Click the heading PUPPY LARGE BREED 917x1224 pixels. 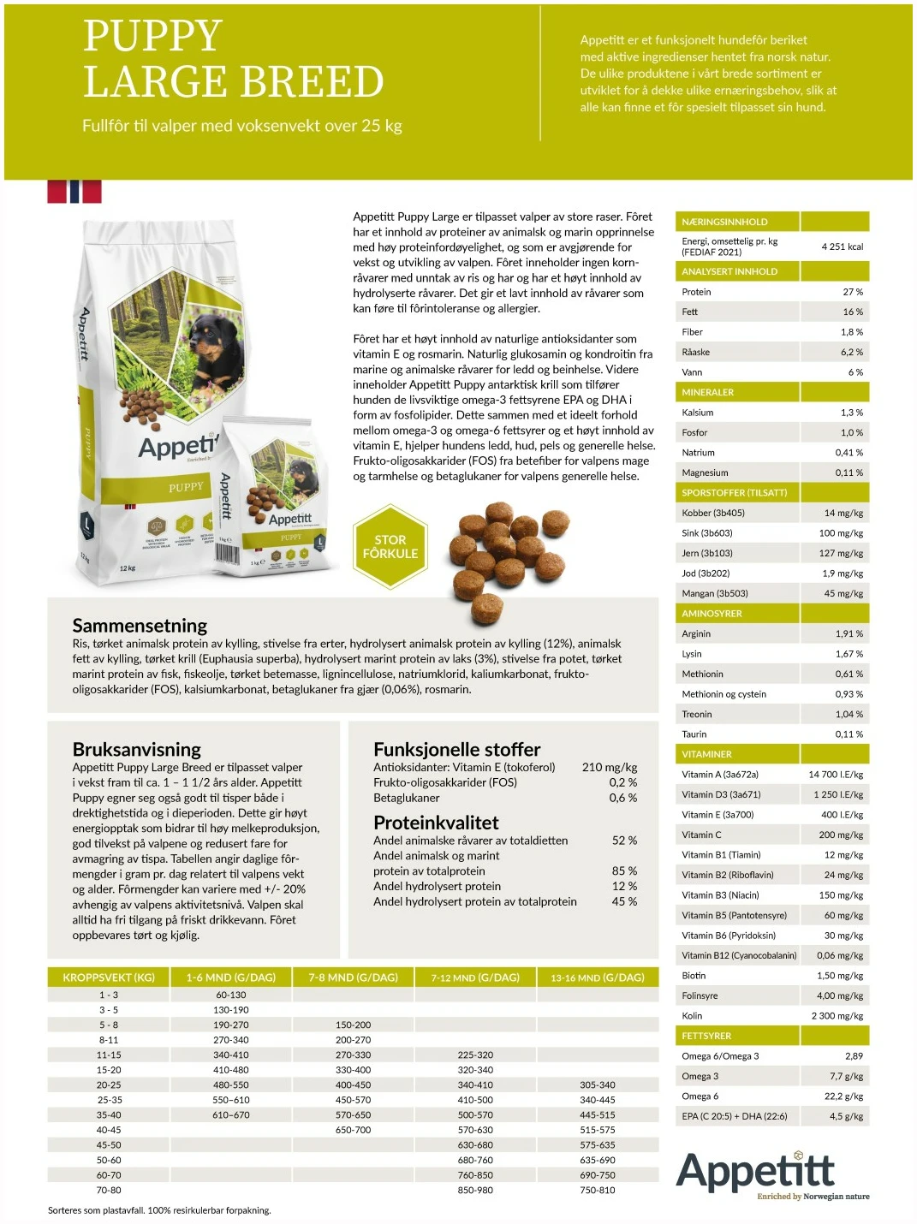point(233,59)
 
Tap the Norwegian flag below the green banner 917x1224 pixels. point(74,191)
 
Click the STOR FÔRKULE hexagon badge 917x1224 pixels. point(390,547)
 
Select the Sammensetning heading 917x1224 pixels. point(140,625)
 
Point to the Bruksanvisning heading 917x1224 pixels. point(137,749)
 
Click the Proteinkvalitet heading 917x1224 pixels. point(436,823)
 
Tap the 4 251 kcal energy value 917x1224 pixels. point(842,247)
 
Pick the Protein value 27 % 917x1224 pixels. point(852,292)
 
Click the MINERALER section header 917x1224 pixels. point(708,392)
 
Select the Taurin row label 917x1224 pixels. point(694,734)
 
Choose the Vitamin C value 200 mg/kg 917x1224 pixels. point(840,835)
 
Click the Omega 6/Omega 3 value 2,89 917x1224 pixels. point(853,1056)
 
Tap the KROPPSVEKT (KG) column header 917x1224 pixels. point(109,977)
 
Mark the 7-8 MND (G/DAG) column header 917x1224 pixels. point(353,977)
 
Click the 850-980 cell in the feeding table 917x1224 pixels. point(475,1190)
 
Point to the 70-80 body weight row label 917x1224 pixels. point(109,1190)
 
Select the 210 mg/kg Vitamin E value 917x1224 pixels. point(609,767)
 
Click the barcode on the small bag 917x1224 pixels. point(227,551)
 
